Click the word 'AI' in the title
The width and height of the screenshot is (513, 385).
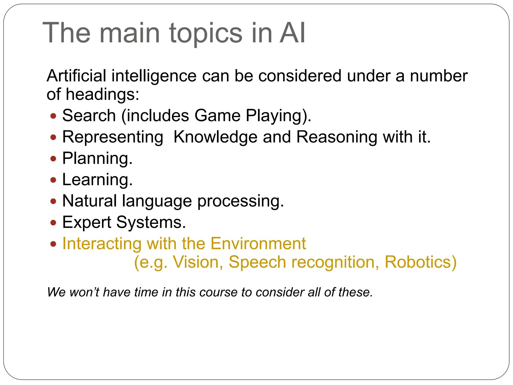point(292,33)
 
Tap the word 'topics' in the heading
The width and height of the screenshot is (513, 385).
point(206,34)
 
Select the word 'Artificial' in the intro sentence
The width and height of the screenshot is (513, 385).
point(76,76)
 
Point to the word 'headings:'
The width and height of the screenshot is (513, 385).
point(102,94)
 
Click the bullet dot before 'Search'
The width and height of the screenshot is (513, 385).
point(53,116)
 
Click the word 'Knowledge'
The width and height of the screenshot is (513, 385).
point(215,137)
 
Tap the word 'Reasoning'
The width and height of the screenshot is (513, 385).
point(337,137)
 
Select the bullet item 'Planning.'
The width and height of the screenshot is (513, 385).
point(97,158)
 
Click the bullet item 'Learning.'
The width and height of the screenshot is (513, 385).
point(97,180)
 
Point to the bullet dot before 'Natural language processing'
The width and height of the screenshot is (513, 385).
point(53,201)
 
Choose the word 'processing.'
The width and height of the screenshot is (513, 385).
point(240,201)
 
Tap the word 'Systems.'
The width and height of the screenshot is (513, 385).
point(151,222)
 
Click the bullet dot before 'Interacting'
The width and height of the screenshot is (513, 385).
point(53,244)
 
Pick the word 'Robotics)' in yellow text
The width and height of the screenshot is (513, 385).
point(421,262)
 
